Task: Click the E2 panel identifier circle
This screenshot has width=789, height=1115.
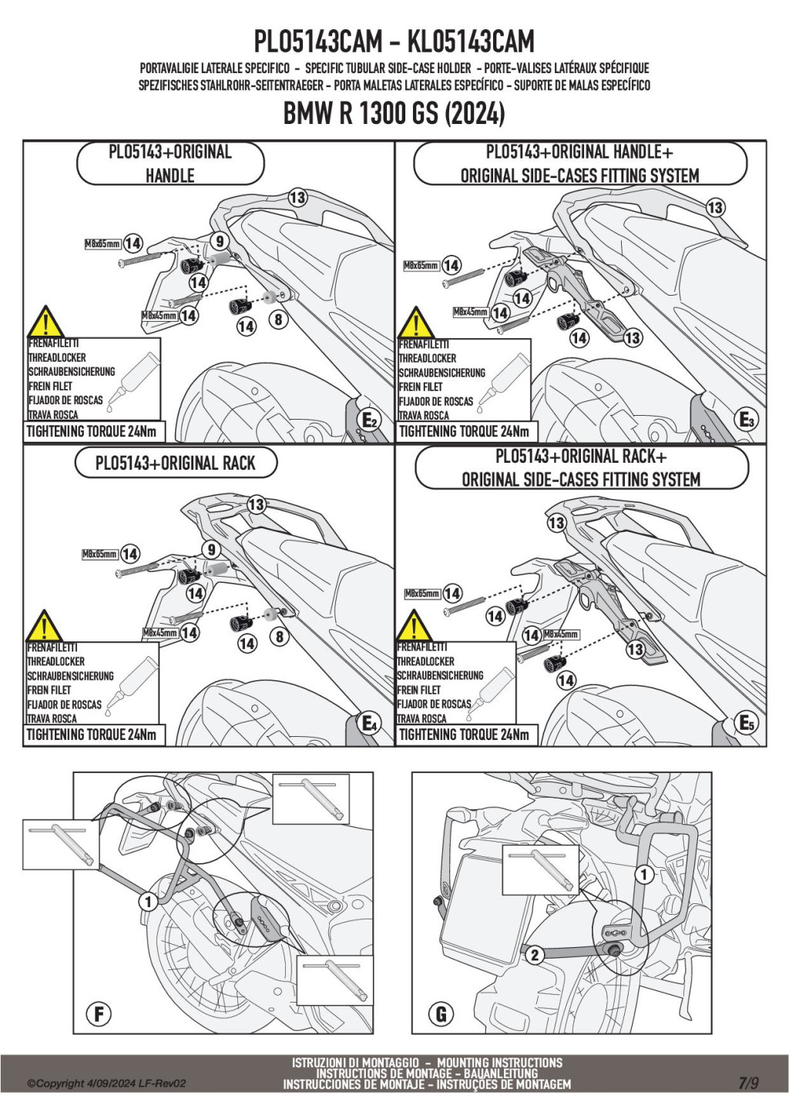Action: (x=370, y=420)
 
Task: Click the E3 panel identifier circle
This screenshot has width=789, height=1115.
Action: (x=746, y=420)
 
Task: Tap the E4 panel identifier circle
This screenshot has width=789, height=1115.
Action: (x=370, y=724)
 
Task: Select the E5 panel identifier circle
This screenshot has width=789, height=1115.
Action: (x=746, y=723)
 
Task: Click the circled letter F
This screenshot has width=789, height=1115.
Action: (x=99, y=1013)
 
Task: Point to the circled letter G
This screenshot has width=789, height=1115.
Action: (x=441, y=1013)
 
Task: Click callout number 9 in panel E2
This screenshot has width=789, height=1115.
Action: (x=220, y=242)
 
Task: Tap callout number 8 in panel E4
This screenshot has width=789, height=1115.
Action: (x=280, y=636)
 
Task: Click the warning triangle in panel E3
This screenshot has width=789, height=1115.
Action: (x=416, y=323)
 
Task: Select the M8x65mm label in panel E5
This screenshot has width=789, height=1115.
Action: (x=422, y=594)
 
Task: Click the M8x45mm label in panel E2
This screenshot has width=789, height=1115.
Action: (x=159, y=316)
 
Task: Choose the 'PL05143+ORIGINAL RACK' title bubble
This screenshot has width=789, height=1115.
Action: (x=175, y=463)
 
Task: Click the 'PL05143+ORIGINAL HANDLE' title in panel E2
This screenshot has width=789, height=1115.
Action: (x=170, y=163)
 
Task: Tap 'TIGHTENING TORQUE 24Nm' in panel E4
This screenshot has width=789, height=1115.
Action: (x=92, y=735)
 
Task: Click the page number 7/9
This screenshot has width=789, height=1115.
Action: (x=748, y=1083)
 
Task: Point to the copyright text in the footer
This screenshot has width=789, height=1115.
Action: (x=106, y=1083)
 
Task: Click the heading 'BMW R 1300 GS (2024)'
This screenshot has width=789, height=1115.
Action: (x=394, y=114)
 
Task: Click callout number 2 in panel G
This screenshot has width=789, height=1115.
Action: (x=534, y=955)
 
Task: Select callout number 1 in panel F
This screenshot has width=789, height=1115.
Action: (x=147, y=901)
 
